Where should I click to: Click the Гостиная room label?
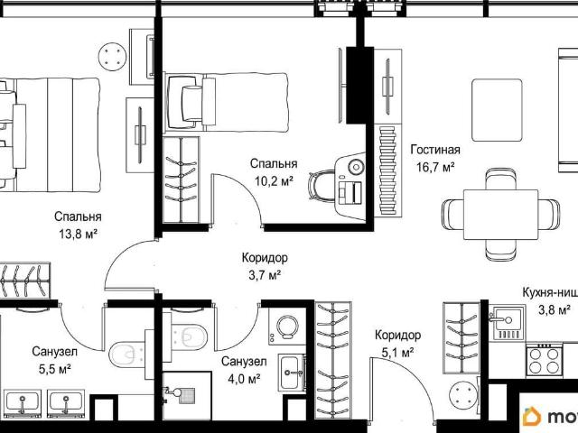click(435, 150)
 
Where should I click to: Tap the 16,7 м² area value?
click(435, 167)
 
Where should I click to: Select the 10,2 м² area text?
click(274, 180)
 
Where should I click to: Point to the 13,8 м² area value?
click(78, 234)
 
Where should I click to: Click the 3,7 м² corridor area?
click(265, 274)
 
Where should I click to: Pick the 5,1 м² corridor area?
click(397, 353)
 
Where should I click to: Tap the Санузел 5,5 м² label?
click(54, 360)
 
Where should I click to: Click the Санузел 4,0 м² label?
click(244, 370)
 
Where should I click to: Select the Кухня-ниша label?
click(550, 292)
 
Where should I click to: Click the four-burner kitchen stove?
click(544, 360)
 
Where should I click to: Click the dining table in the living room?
click(500, 215)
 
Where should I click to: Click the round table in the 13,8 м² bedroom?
click(113, 57)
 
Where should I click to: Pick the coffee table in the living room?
click(497, 110)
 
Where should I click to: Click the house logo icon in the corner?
click(532, 417)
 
